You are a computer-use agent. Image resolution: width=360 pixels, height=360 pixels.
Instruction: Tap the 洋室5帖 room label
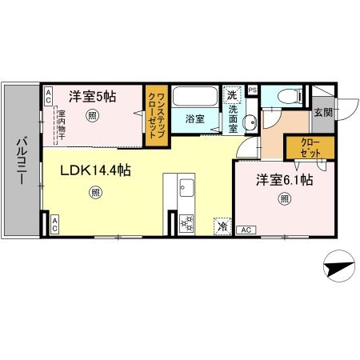[92, 96]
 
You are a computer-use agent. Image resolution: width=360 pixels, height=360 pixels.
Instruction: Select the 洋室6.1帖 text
[284, 181]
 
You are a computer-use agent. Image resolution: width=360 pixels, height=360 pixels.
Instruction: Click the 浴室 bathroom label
[194, 118]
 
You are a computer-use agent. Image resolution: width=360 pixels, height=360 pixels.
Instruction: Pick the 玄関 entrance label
[322, 112]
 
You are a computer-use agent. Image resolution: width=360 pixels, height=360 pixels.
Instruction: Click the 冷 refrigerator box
[221, 226]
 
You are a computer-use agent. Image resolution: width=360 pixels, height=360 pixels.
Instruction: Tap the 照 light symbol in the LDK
[97, 192]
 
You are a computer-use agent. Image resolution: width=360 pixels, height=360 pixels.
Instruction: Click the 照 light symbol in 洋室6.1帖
[284, 199]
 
